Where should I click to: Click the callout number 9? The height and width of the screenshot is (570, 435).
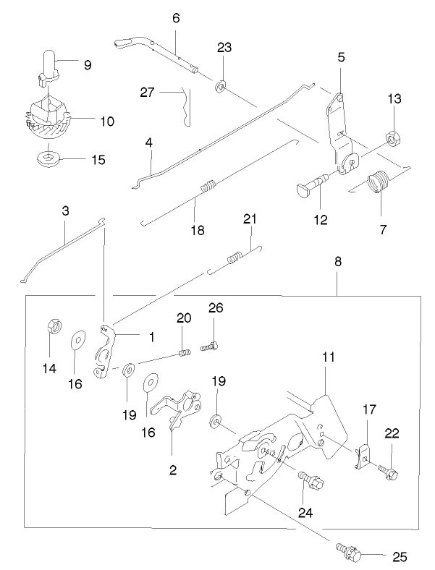point(87,65)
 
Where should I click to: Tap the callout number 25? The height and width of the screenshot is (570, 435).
point(400,557)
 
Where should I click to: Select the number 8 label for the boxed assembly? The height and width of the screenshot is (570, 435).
point(337,265)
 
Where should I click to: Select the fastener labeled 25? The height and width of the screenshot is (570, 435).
point(348,552)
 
